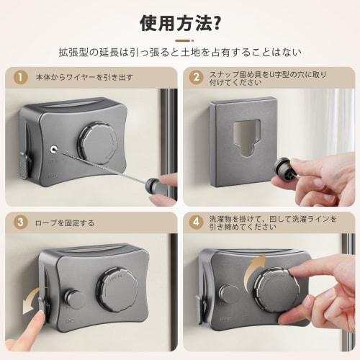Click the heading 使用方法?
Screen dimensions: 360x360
click(180, 23)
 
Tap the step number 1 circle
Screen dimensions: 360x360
click(20, 77)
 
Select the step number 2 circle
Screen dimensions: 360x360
click(196, 77)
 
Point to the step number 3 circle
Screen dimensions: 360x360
click(20, 222)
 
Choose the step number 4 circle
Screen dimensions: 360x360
click(196, 222)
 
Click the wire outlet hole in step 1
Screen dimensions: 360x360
click(53, 150)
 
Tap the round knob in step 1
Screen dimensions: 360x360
click(97, 143)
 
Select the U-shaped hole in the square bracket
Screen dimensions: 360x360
click(247, 138)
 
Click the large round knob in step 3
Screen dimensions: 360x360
click(117, 289)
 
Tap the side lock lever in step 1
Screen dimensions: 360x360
click(25, 165)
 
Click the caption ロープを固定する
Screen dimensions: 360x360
click(64, 223)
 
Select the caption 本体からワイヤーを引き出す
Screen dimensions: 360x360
click(84, 77)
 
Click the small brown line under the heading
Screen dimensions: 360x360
click(184, 41)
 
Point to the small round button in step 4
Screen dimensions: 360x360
click(228, 294)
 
